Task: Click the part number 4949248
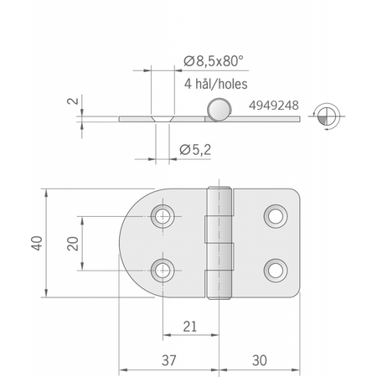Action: tap(274, 106)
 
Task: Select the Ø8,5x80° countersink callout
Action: tap(214, 61)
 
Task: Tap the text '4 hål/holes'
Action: tap(215, 84)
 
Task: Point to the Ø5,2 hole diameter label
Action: tap(195, 150)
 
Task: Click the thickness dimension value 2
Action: tap(73, 100)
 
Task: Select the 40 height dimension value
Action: tap(37, 243)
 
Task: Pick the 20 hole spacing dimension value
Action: tap(73, 244)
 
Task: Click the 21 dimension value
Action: tap(190, 326)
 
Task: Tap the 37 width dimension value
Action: tap(169, 360)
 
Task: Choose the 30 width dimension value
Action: tap(260, 360)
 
